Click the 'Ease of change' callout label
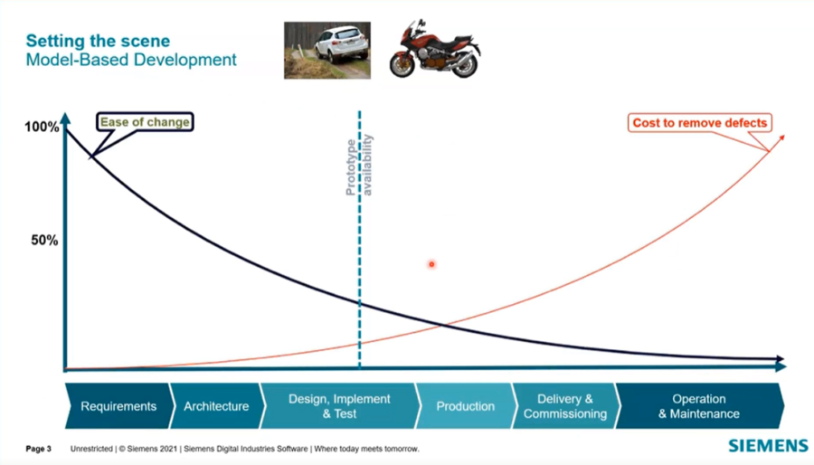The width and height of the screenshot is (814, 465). click(145, 122)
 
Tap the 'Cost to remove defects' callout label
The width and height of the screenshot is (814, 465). click(699, 122)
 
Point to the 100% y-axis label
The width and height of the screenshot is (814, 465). click(42, 128)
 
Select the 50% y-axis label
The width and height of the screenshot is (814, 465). click(44, 240)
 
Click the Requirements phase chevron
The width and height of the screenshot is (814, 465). click(118, 406)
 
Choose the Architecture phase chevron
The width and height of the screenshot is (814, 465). click(216, 406)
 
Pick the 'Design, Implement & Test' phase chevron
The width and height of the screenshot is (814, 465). click(339, 406)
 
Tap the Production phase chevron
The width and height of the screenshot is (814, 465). click(465, 406)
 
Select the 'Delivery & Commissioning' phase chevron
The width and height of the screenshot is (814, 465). click(565, 406)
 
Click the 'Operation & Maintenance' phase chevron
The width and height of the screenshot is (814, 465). click(698, 406)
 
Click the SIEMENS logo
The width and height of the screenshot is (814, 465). click(768, 446)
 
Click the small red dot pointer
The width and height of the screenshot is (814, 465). click(432, 264)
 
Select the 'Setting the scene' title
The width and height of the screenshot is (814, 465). click(97, 42)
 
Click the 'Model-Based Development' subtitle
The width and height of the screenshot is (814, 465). click(130, 61)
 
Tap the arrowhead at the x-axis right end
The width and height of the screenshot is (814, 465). click(781, 365)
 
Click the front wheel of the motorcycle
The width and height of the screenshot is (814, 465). click(402, 64)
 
